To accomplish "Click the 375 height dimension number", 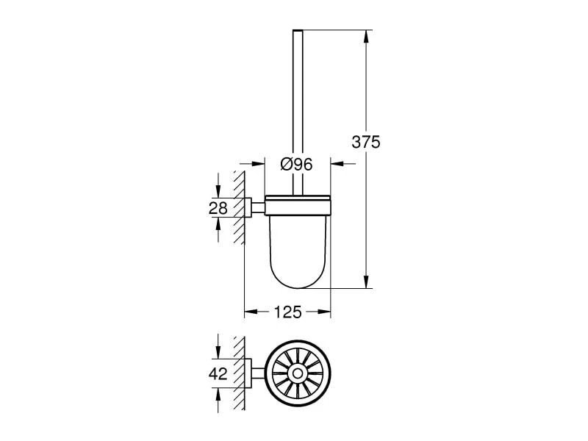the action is click(x=365, y=142).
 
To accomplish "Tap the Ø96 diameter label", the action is click(x=296, y=164).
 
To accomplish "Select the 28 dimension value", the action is click(x=218, y=208).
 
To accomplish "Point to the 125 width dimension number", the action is click(x=287, y=312).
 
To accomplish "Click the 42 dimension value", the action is click(x=218, y=373).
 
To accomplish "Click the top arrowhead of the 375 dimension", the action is click(x=366, y=36).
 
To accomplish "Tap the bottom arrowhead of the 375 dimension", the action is click(x=366, y=282).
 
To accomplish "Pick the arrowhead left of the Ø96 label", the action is click(x=259, y=163).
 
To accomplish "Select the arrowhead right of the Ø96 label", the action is click(x=337, y=163).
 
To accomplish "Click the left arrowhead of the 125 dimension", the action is click(x=251, y=311).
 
